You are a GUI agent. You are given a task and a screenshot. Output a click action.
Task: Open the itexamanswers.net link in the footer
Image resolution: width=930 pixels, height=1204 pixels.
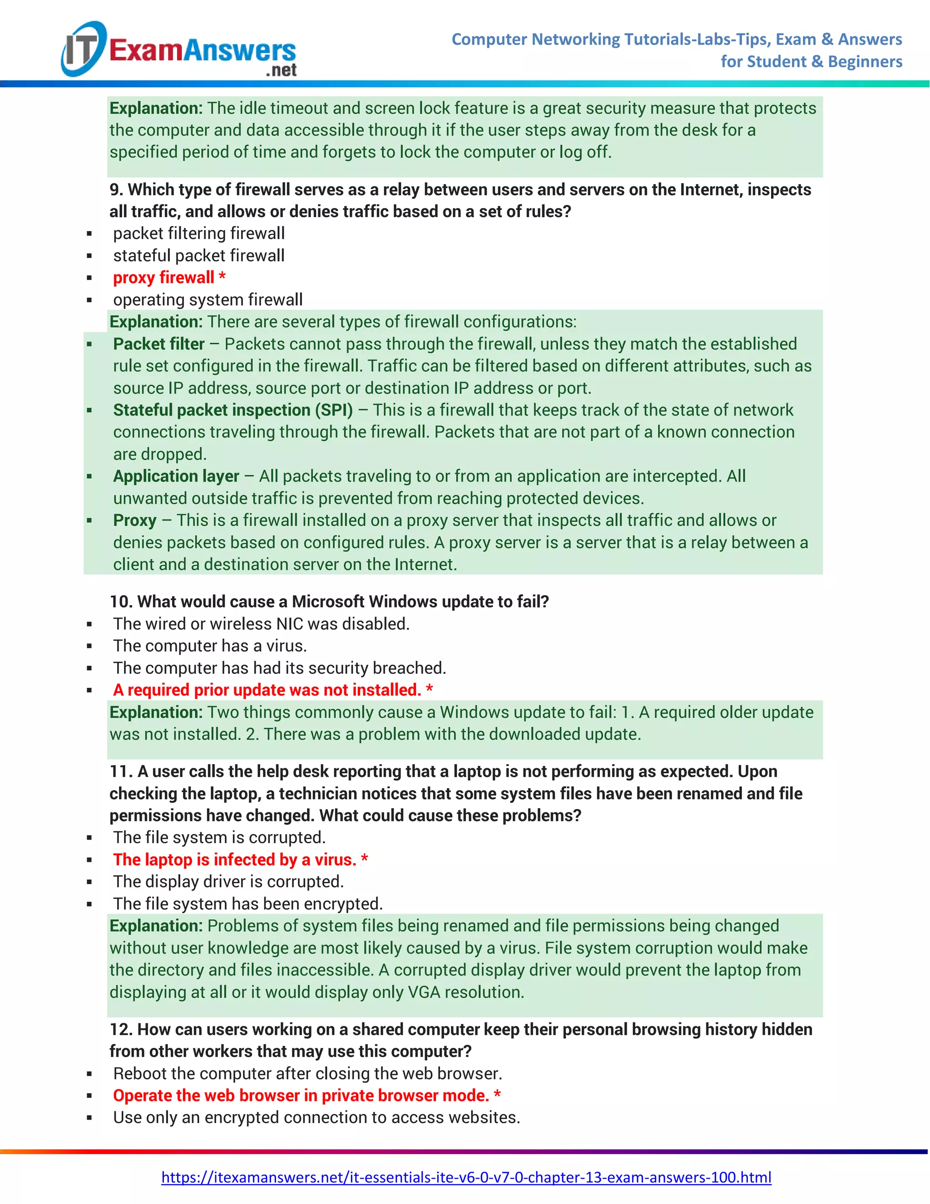[x=465, y=1177]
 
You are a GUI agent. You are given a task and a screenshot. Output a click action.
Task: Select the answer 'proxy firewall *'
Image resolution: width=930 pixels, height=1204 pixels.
[x=168, y=277]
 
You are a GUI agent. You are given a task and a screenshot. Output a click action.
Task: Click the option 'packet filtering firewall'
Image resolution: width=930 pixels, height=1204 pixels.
[x=198, y=233]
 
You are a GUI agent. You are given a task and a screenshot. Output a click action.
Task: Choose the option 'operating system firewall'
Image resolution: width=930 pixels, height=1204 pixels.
[x=208, y=299]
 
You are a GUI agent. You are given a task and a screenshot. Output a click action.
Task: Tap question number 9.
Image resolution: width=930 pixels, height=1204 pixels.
[x=115, y=189]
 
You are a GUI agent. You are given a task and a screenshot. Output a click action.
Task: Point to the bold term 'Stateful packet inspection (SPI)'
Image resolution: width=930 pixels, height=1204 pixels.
[x=232, y=410]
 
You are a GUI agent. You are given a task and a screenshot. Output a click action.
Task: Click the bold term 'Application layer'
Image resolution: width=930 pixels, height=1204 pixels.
[x=176, y=476]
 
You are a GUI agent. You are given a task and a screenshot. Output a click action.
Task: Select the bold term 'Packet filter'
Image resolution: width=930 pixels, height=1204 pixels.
[x=158, y=343]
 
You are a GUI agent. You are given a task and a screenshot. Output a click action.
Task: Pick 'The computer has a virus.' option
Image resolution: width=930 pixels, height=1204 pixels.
[x=209, y=646]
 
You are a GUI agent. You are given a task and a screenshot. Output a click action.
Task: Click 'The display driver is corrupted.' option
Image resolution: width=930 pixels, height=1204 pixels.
[x=228, y=881]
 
